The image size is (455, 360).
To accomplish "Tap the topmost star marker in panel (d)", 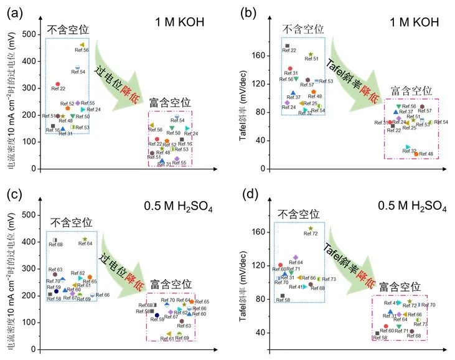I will [311, 229].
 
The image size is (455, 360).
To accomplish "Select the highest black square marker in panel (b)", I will [287, 45].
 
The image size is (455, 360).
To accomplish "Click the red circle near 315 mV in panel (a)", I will [58, 83].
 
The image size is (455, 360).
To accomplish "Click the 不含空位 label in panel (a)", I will [68, 29].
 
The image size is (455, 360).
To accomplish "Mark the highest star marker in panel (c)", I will [85, 239].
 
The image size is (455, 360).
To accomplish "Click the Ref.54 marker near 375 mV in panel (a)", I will [78, 67].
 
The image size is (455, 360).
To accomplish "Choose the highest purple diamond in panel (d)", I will [296, 257].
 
